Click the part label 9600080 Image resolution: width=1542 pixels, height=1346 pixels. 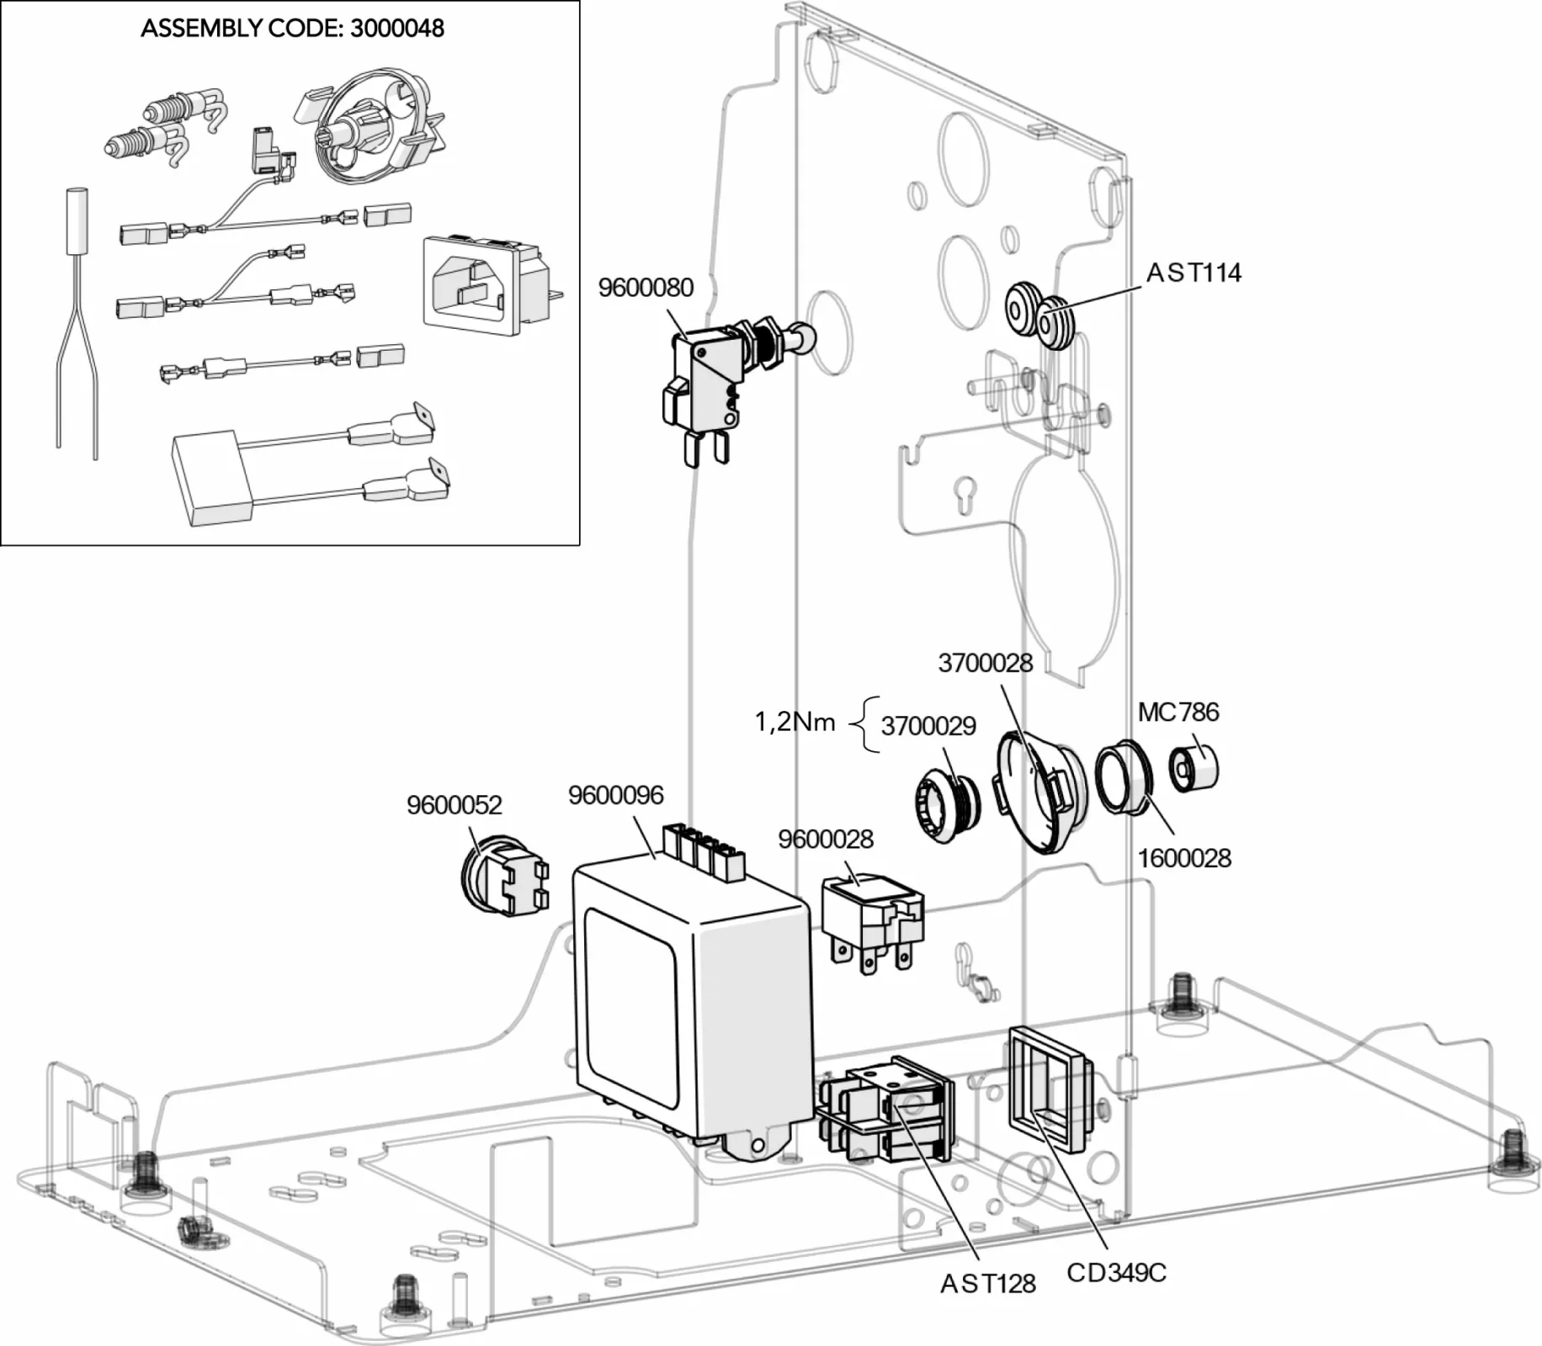click(x=646, y=288)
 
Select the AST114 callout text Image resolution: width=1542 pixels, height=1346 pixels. click(x=1193, y=273)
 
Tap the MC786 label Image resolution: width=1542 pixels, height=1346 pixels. click(x=1178, y=713)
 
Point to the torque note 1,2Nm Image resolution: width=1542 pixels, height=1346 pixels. click(x=795, y=722)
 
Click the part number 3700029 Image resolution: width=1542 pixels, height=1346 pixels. click(x=928, y=726)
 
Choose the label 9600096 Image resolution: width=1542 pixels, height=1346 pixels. click(x=615, y=795)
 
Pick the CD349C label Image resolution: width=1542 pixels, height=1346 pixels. click(x=1116, y=1273)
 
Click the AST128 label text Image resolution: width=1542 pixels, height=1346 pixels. click(x=987, y=1284)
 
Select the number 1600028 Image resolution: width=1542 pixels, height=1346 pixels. click(x=1183, y=858)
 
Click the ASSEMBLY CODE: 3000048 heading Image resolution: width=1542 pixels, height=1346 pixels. click(x=292, y=28)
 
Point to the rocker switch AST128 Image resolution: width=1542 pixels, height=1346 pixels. click(x=884, y=1110)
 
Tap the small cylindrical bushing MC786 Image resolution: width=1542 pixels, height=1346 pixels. click(x=1194, y=767)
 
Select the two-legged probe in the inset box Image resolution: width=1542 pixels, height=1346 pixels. click(x=77, y=320)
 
